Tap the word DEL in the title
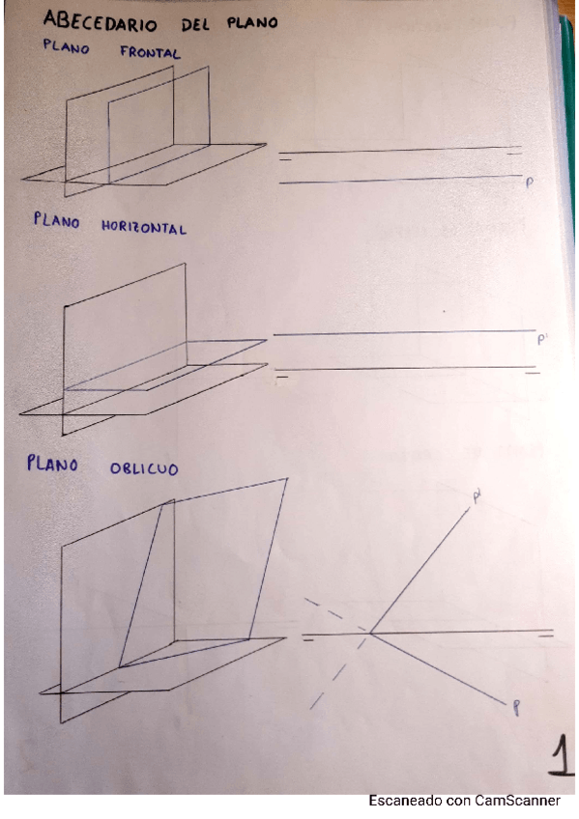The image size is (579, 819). click(x=193, y=22)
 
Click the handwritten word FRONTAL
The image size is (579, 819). click(x=150, y=52)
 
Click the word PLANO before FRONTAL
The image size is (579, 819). click(x=67, y=45)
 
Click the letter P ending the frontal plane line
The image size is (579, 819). click(x=529, y=182)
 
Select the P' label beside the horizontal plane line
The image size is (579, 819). click(x=541, y=338)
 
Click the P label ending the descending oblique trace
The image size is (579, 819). click(x=517, y=710)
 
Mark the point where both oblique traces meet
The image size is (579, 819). click(x=370, y=634)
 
